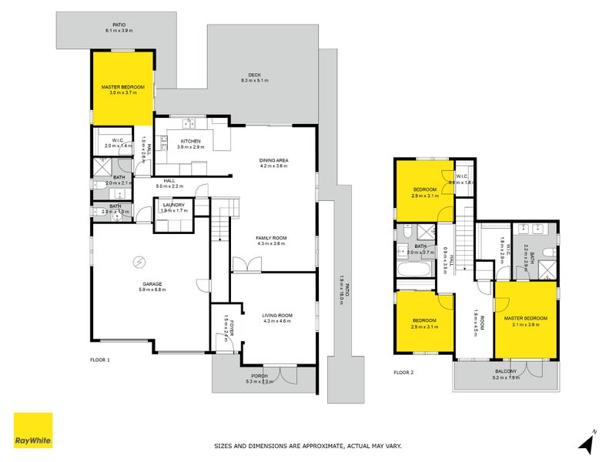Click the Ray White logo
pos(33,430)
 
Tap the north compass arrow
pos(587,442)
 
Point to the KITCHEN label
pos(190,141)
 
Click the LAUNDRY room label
pos(173,205)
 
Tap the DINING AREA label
pos(273,160)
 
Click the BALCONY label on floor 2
pos(506,372)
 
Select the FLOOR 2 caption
pos(403,372)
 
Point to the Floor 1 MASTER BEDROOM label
pos(123,88)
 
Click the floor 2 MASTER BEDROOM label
pos(526,318)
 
